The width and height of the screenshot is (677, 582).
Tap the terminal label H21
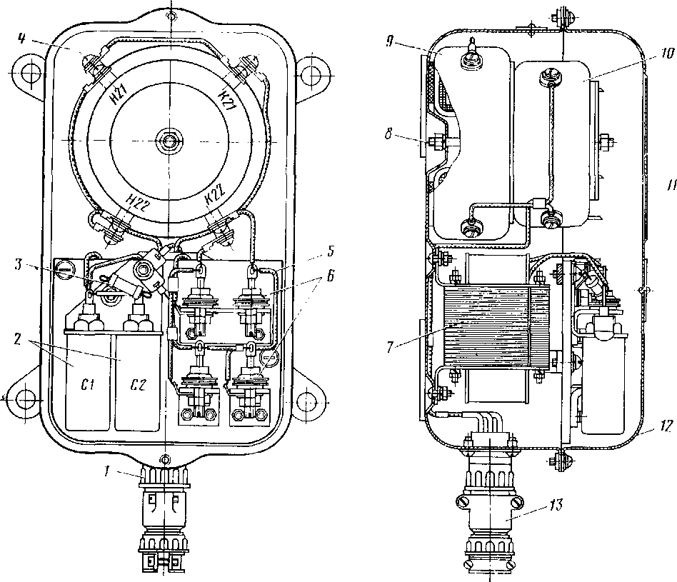pyautogui.click(x=119, y=93)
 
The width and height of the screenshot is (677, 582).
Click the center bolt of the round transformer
pyautogui.click(x=169, y=141)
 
